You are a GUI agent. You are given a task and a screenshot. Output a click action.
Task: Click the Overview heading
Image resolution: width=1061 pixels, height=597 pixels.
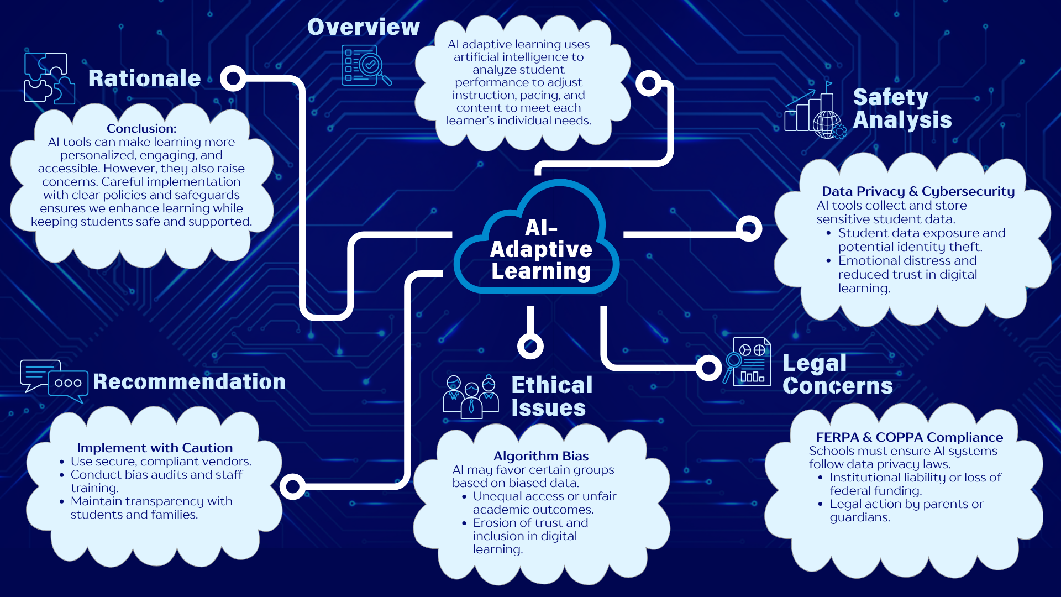click(x=363, y=27)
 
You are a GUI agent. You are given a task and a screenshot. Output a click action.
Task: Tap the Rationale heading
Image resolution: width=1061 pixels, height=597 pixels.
click(x=144, y=78)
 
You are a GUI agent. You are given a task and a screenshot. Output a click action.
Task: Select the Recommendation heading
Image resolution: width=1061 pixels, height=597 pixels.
click(x=189, y=381)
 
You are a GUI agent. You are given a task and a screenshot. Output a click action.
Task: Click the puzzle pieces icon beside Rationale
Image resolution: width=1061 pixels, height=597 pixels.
click(x=49, y=78)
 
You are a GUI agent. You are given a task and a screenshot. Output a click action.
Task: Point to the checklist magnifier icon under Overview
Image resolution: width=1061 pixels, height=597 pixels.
click(x=365, y=66)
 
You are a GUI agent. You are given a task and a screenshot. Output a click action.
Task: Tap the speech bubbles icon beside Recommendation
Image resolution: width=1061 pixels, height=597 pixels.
click(x=54, y=381)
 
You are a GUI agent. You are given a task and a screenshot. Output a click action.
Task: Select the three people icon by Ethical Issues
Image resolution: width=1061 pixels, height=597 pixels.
click(x=471, y=396)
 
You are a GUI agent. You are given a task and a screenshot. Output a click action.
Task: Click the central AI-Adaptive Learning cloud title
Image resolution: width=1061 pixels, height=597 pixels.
click(x=540, y=249)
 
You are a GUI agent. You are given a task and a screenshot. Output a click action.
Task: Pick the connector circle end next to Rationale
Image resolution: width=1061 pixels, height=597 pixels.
click(x=233, y=78)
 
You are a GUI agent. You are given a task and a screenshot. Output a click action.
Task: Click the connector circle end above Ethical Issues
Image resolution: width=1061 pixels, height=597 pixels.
click(x=530, y=346)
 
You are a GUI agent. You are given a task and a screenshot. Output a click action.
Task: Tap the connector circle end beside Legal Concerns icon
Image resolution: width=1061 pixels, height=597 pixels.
click(x=708, y=368)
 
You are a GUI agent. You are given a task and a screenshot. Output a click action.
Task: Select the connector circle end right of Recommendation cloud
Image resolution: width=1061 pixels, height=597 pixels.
click(x=293, y=486)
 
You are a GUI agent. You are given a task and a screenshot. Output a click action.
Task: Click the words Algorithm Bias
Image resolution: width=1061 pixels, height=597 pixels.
click(x=540, y=456)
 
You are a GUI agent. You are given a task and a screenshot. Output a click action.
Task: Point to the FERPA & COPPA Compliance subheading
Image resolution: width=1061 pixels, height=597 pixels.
click(x=909, y=437)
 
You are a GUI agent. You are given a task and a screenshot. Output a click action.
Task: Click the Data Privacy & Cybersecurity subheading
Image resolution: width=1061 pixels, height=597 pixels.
click(x=918, y=191)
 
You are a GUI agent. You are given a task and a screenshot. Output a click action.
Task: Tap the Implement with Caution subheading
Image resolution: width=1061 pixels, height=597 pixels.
click(x=155, y=448)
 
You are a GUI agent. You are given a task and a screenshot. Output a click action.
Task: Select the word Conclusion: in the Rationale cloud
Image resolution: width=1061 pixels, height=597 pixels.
click(x=141, y=129)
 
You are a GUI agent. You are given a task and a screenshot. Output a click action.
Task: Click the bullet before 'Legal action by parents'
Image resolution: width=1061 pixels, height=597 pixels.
click(x=821, y=504)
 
